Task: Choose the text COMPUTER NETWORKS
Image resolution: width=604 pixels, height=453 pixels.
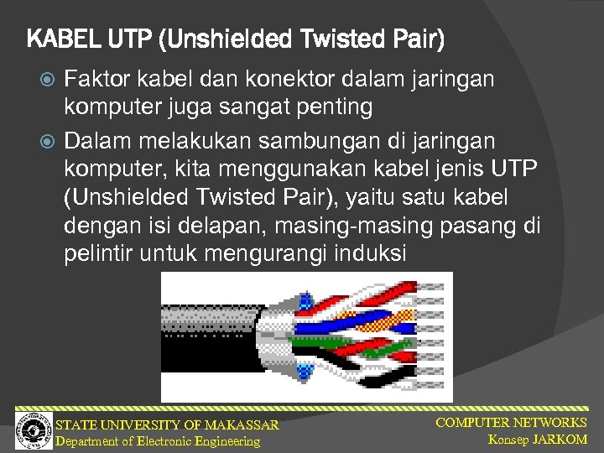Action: [x=511, y=423]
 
